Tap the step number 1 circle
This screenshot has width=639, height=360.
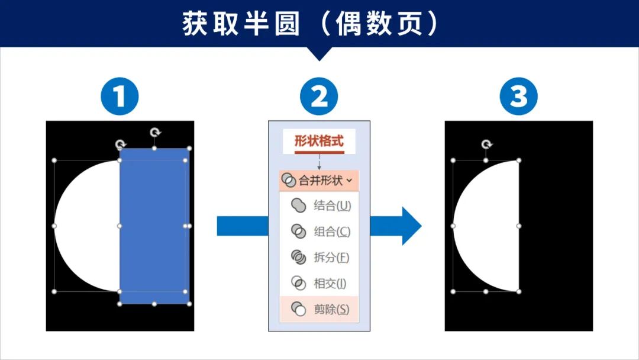[x=120, y=96]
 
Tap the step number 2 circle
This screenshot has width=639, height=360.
[x=319, y=96]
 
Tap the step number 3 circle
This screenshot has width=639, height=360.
[x=518, y=96]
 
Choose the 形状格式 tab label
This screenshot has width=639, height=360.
[x=319, y=142]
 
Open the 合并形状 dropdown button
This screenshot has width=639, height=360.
[x=319, y=181]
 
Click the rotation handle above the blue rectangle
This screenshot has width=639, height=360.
[x=155, y=132]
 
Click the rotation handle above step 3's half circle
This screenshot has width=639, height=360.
[x=486, y=144]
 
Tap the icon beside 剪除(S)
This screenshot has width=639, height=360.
[x=299, y=309]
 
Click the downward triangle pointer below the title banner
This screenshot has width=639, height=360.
[x=319, y=54]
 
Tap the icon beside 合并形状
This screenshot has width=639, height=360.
[x=289, y=181]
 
